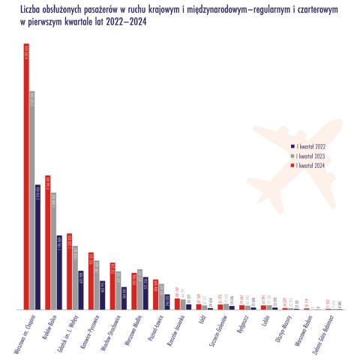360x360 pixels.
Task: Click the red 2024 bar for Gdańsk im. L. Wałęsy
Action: click(x=69, y=271)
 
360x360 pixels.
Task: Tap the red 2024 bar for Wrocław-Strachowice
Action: click(x=112, y=286)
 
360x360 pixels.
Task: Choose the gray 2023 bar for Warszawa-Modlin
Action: click(x=139, y=289)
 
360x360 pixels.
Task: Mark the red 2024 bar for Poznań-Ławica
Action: click(x=156, y=294)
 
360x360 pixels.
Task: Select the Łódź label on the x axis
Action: click(x=203, y=320)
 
